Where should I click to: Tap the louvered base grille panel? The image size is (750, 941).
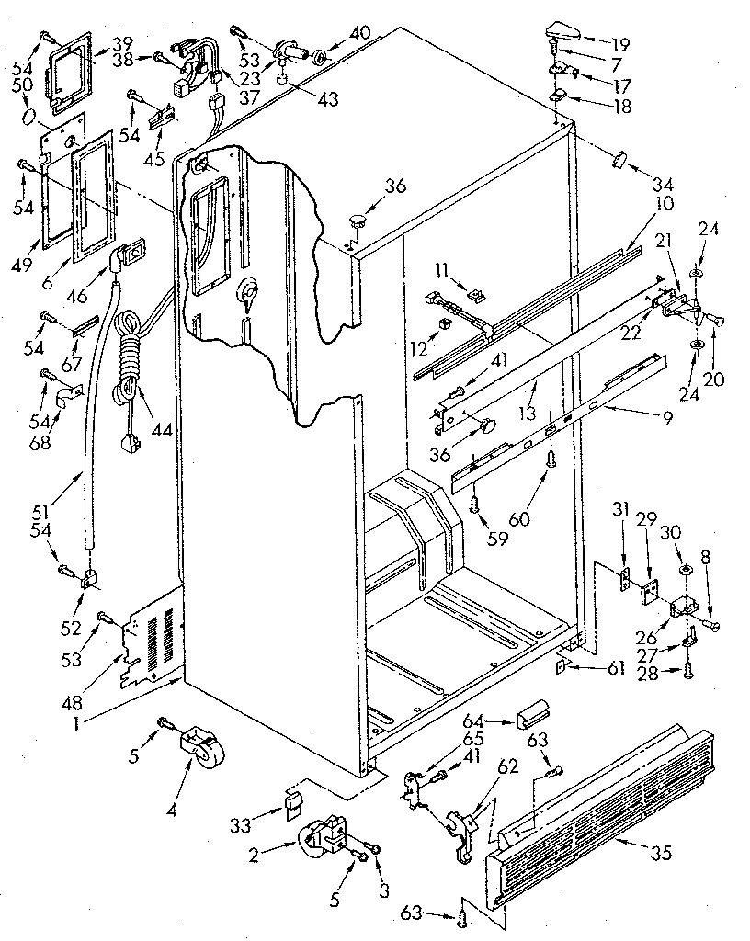pos(607,809)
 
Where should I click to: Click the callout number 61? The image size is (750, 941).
pos(614,669)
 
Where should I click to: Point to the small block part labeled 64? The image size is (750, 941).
pos(534,712)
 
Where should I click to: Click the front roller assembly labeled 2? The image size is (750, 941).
pos(322,836)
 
